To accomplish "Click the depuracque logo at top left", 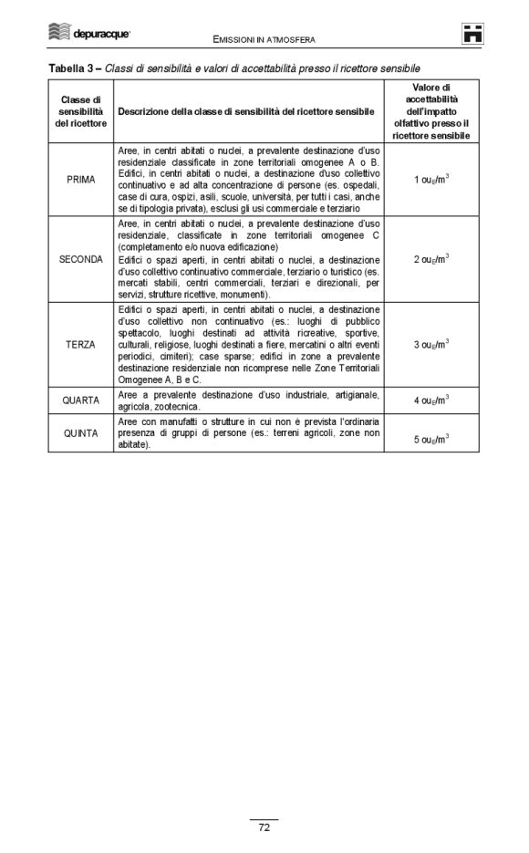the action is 88,34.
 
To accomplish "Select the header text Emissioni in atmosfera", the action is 264,40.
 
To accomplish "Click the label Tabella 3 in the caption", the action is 72,68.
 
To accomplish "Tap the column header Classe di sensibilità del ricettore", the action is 81,110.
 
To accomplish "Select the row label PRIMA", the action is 81,179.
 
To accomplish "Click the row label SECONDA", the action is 81,259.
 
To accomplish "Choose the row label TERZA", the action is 81,345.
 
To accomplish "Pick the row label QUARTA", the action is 81,400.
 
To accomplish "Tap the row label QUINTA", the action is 81,433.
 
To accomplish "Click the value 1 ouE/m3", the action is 430,180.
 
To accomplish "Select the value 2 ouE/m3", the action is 430,260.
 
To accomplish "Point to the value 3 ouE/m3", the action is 430,346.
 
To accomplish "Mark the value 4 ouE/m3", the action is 430,400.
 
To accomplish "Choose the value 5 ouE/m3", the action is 430,439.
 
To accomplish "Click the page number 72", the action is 264,827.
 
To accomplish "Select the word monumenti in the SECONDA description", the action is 244,295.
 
